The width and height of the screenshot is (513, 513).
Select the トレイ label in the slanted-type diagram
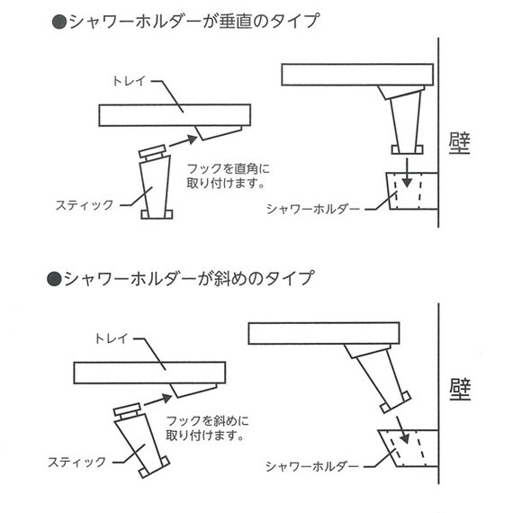click(112, 339)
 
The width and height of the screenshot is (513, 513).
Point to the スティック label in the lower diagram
click(77, 462)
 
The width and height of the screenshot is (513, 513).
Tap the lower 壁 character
click(460, 390)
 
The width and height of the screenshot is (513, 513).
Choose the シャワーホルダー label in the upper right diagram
click(312, 209)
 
